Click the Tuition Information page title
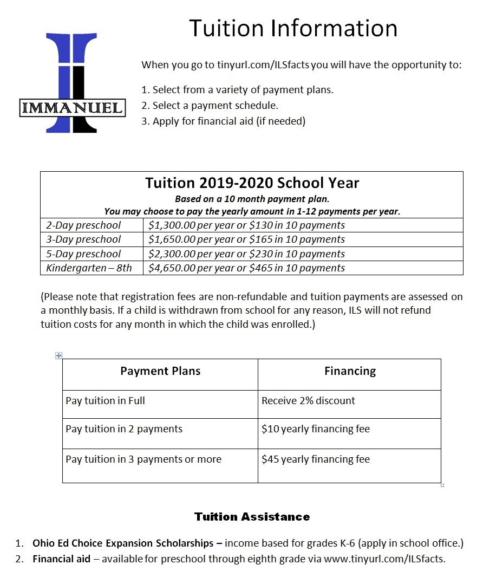293,28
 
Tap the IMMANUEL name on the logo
72,107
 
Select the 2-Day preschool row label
83,225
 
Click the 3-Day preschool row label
83,239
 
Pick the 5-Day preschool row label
83,254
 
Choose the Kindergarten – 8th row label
89,268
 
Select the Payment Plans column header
160,371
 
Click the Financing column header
350,371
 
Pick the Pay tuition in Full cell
106,401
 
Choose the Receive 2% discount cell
308,401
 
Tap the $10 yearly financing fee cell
315,429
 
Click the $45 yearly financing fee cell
315,459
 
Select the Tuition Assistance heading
252,517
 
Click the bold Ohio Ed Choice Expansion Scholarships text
123,543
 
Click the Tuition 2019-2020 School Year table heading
252,183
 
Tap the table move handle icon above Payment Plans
59,355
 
